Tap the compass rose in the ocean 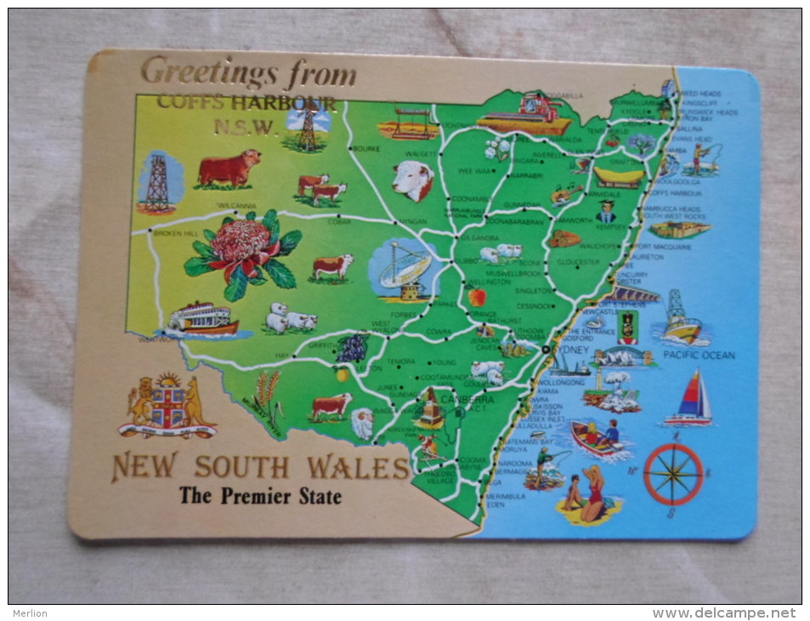673,473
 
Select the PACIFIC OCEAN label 699,355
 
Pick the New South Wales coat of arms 168,407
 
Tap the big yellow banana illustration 618,176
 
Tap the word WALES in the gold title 359,467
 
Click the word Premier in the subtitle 254,496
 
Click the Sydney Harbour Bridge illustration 623,356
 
